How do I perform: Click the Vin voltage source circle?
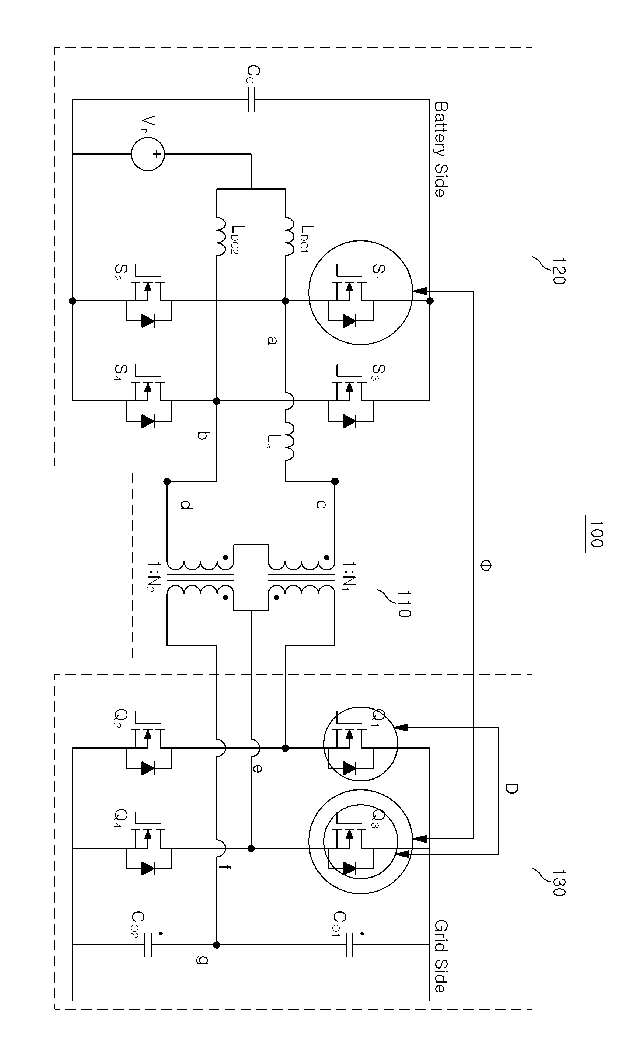(148, 154)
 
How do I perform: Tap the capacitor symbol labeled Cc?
(251, 100)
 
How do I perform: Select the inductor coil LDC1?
(289, 236)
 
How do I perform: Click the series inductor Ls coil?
(289, 441)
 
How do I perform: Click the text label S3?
(378, 373)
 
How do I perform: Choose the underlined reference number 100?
(596, 534)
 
